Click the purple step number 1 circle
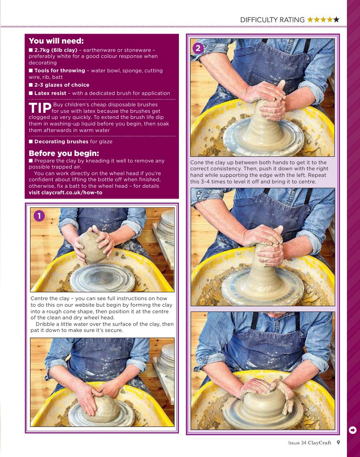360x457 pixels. tap(39, 216)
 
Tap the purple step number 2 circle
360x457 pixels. tap(198, 48)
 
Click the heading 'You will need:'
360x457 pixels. tap(56, 41)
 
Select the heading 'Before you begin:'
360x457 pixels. tap(64, 153)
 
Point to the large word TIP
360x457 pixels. tap(40, 108)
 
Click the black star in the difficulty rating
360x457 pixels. tap(336, 20)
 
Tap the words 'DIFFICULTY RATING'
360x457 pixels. tap(273, 20)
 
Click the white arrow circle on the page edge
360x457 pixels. tap(353, 430)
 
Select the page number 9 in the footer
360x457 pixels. tap(338, 443)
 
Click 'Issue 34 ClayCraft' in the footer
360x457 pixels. tap(310, 443)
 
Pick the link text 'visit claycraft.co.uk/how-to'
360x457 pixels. tap(66, 193)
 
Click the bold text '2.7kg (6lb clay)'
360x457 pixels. tap(56, 50)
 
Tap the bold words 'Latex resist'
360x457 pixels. tap(50, 93)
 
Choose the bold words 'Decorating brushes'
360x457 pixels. tap(61, 142)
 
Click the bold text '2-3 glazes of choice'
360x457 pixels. tap(62, 85)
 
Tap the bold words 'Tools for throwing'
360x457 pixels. tap(60, 71)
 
